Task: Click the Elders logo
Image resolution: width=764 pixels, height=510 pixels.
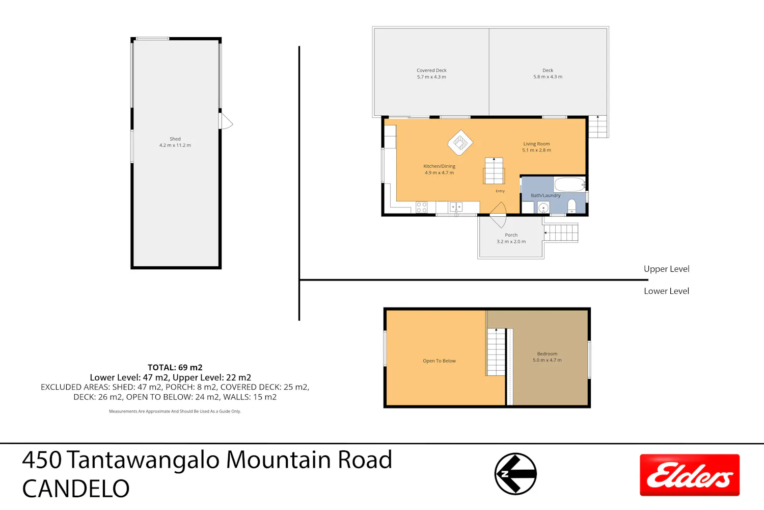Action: pos(690,475)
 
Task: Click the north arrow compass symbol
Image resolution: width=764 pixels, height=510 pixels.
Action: pos(515,474)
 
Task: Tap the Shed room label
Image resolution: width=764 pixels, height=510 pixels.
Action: pos(175,139)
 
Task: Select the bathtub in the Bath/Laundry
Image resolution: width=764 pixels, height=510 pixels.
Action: pos(569,185)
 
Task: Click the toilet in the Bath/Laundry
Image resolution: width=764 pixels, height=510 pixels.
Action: pos(571,207)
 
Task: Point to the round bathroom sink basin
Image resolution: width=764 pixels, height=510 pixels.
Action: pos(543,208)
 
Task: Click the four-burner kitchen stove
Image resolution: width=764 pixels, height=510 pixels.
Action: pos(422,208)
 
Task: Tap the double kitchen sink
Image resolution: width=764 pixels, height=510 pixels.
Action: pos(456,207)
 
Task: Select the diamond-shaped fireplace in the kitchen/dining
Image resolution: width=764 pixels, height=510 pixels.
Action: pos(460,142)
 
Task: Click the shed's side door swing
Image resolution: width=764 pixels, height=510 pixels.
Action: pos(226,121)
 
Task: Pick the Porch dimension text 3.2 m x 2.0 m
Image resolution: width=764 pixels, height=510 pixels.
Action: pos(511,242)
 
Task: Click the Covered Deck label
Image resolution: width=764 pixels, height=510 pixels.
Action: pos(431,70)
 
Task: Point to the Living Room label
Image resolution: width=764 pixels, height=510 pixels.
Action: pos(536,144)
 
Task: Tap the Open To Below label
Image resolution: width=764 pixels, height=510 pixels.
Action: pos(439,361)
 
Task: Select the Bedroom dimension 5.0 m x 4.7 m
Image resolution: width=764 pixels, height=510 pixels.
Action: pos(547,360)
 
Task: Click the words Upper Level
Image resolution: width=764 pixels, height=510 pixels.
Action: pos(666,269)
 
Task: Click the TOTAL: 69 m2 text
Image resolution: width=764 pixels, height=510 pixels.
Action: pos(175,368)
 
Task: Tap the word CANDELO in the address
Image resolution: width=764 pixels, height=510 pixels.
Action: pos(76,489)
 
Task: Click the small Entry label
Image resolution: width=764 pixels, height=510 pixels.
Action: pos(500,191)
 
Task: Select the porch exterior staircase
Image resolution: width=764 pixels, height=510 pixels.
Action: pos(561,233)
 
